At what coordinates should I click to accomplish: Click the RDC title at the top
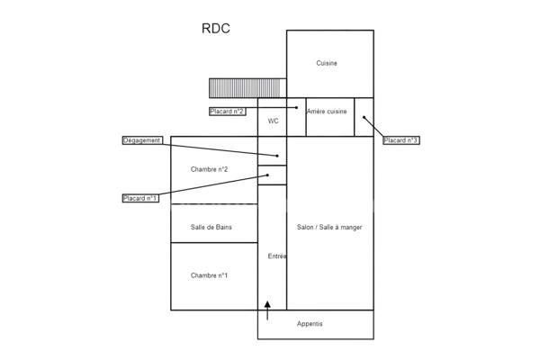(216, 28)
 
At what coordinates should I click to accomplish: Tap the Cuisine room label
(327, 63)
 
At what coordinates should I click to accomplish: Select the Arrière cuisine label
(327, 112)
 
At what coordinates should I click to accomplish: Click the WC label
(273, 121)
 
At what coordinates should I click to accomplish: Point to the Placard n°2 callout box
(228, 112)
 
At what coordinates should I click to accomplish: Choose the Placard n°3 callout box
(401, 140)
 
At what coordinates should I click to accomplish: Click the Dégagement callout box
(142, 140)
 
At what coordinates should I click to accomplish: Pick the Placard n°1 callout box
(140, 198)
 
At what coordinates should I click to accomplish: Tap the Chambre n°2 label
(210, 169)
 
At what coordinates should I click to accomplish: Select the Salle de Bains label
(211, 228)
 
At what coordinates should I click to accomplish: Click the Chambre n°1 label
(210, 275)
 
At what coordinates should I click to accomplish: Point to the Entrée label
(277, 256)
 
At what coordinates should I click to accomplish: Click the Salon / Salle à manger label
(329, 228)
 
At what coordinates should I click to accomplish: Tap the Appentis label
(310, 324)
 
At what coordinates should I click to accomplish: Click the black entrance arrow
(267, 310)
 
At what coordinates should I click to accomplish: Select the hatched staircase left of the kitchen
(245, 88)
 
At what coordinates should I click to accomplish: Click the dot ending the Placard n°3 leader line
(364, 117)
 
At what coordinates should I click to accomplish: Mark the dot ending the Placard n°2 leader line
(297, 108)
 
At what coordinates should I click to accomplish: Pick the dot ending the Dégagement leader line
(278, 156)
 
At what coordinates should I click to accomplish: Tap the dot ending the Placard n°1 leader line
(267, 175)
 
